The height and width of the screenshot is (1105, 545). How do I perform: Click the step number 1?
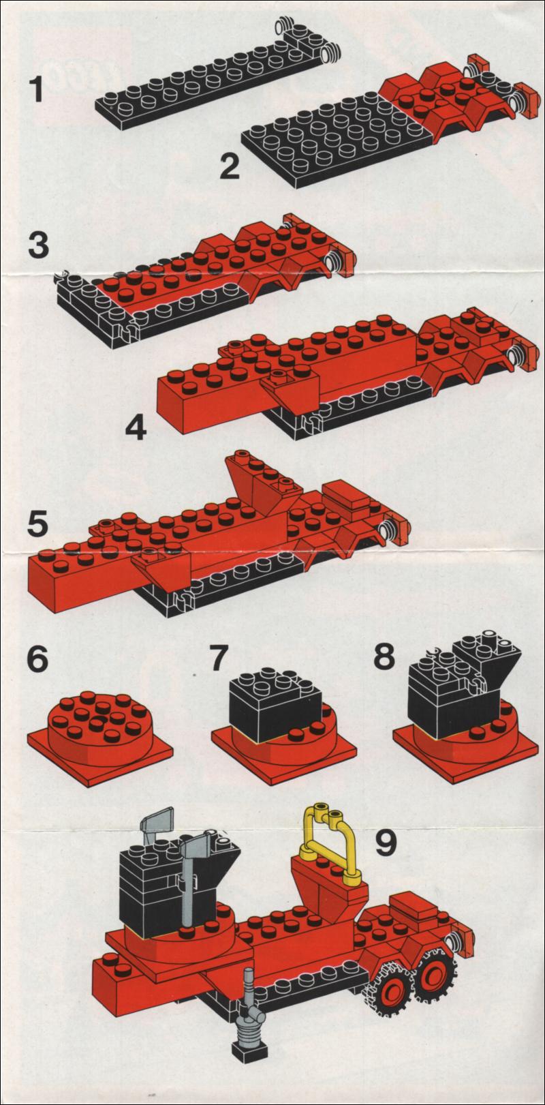tap(37, 90)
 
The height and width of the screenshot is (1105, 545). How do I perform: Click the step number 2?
tap(230, 166)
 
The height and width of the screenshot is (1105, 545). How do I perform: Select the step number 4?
tap(136, 427)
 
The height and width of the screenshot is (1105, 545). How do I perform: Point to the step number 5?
tap(38, 524)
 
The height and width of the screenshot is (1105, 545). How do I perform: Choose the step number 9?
tap(386, 842)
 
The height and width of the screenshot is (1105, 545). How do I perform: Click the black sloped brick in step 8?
tap(491, 661)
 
